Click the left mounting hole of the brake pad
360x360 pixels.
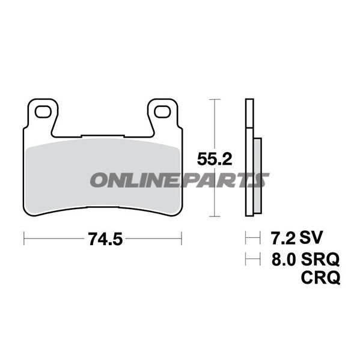pos(43,112)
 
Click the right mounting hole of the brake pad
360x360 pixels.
pos(162,112)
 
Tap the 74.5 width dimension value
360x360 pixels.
pos(106,239)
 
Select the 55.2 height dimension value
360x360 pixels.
pos(215,159)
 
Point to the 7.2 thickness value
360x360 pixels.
pos(283,237)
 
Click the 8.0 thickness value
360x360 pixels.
pos(284,259)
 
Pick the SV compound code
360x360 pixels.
pos(311,237)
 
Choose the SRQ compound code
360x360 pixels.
pos(320,259)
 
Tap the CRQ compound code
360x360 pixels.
pos(320,277)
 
